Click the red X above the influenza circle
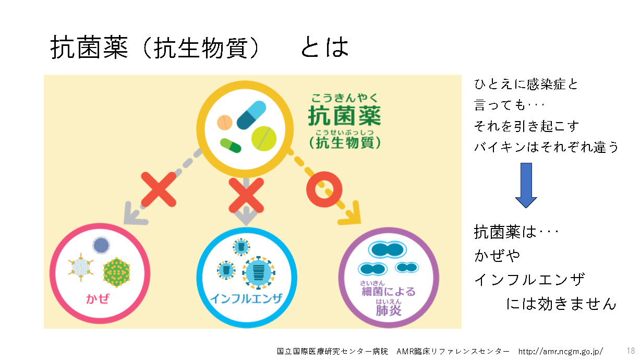(x=246, y=195)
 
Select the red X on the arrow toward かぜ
(x=159, y=189)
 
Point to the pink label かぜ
(x=98, y=299)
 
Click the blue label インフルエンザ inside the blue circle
(x=246, y=298)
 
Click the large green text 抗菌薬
(x=345, y=115)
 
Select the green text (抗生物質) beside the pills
(x=345, y=142)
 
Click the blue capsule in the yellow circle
(x=251, y=115)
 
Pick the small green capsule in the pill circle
(x=231, y=146)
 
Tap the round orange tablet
(x=225, y=123)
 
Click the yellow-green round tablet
(x=264, y=139)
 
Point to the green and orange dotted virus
(x=116, y=272)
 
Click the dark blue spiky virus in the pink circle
(x=101, y=245)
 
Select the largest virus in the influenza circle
(x=259, y=272)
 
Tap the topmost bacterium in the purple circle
(x=387, y=250)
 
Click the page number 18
(x=631, y=351)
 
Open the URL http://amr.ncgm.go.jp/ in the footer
(x=561, y=351)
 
